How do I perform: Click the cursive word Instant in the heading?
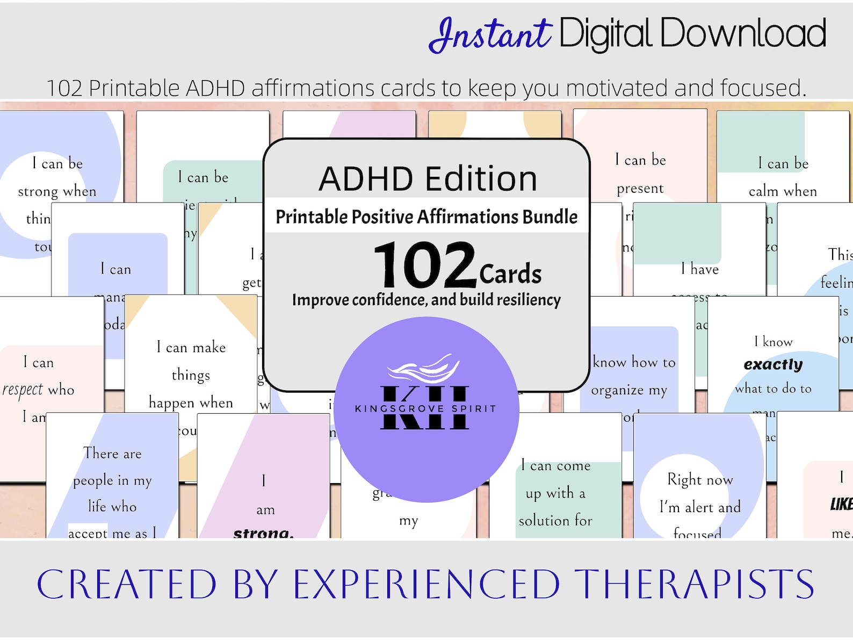490,34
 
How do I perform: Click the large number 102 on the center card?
425,264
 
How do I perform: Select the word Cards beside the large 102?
510,274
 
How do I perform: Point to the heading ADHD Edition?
428,179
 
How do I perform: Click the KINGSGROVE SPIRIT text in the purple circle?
425,409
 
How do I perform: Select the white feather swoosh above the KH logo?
424,369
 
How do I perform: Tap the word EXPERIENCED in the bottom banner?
426,585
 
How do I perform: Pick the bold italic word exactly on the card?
773,365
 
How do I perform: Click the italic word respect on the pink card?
23,390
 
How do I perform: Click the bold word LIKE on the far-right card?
841,504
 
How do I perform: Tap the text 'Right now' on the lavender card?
700,479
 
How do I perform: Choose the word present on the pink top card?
640,189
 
